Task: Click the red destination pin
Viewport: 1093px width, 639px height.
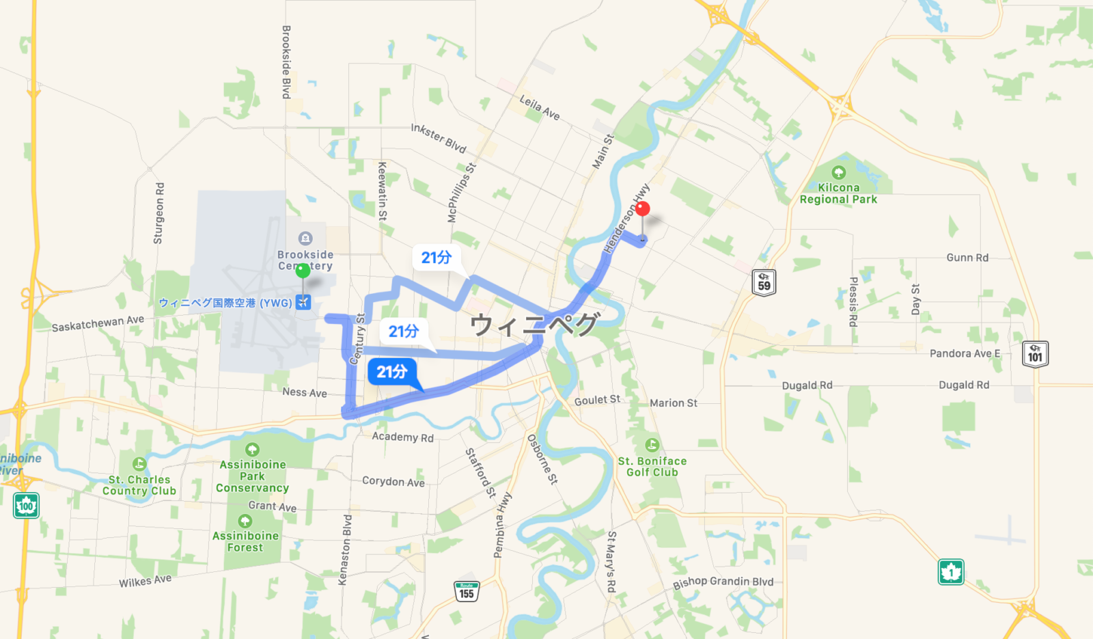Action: pos(642,209)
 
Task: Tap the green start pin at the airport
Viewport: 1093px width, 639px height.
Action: pos(303,271)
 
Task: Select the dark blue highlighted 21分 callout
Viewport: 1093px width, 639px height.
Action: pos(392,372)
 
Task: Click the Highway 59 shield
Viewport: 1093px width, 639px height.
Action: pos(764,282)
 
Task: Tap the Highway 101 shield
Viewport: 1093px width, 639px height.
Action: pos(1035,354)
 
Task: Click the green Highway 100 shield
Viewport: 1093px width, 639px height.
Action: pos(26,506)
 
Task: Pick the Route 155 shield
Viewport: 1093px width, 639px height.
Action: pos(467,591)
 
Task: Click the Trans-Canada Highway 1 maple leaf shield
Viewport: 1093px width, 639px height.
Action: pos(950,572)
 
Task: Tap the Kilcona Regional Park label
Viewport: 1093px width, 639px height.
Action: pos(838,193)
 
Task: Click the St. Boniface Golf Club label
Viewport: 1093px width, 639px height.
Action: pos(652,467)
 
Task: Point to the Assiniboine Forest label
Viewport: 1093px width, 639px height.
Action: pos(245,541)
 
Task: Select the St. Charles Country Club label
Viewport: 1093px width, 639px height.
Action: pos(139,485)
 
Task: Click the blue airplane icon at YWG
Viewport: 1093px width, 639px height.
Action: pos(303,302)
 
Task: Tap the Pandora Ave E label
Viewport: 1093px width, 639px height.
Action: pos(965,353)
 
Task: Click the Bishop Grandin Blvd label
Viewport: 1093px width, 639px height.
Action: pos(723,582)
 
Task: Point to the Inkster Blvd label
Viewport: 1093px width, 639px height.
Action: pos(439,138)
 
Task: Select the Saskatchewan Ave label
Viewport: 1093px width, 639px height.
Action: pos(98,323)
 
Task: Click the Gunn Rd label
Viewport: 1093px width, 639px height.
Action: pos(967,258)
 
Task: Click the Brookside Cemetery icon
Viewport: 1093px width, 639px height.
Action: pos(305,239)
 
